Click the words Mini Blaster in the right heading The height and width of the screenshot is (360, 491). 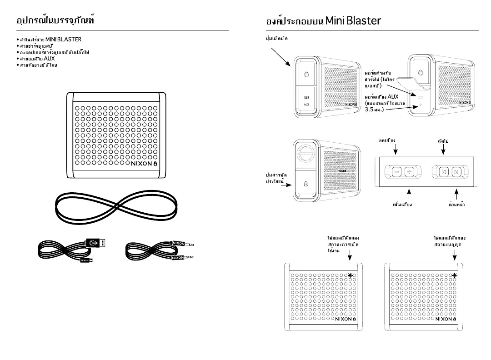tap(353, 21)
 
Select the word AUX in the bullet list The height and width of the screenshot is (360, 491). tap(49, 59)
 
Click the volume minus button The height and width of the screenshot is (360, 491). tap(396, 171)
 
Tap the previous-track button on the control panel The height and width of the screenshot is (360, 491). tap(444, 171)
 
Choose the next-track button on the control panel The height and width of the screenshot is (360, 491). tap(457, 171)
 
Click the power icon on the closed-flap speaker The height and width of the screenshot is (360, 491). tap(306, 75)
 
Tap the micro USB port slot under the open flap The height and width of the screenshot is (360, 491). tap(421, 97)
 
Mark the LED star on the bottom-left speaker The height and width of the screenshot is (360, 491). tap(350, 275)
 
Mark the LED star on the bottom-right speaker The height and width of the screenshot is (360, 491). tap(455, 275)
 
